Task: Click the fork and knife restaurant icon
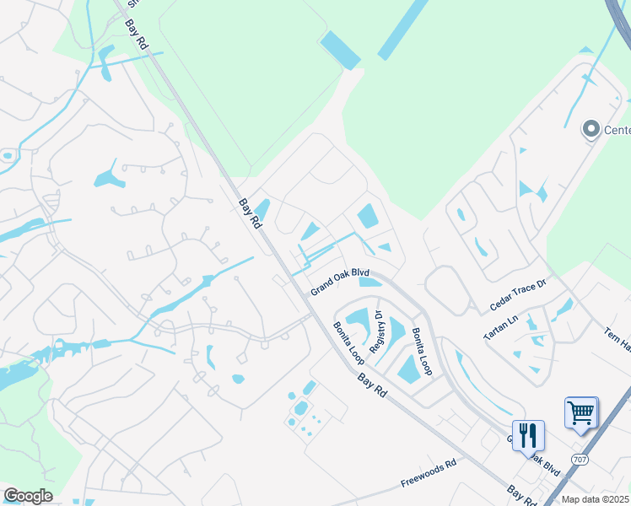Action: click(x=528, y=435)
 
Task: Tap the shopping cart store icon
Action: click(x=581, y=412)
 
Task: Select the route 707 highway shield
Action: click(x=580, y=460)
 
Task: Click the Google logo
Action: click(x=28, y=496)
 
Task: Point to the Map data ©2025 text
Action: click(x=596, y=499)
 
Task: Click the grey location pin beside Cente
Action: click(x=591, y=129)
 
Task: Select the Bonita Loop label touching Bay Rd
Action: click(x=347, y=337)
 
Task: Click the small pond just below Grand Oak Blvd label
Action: click(x=369, y=282)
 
